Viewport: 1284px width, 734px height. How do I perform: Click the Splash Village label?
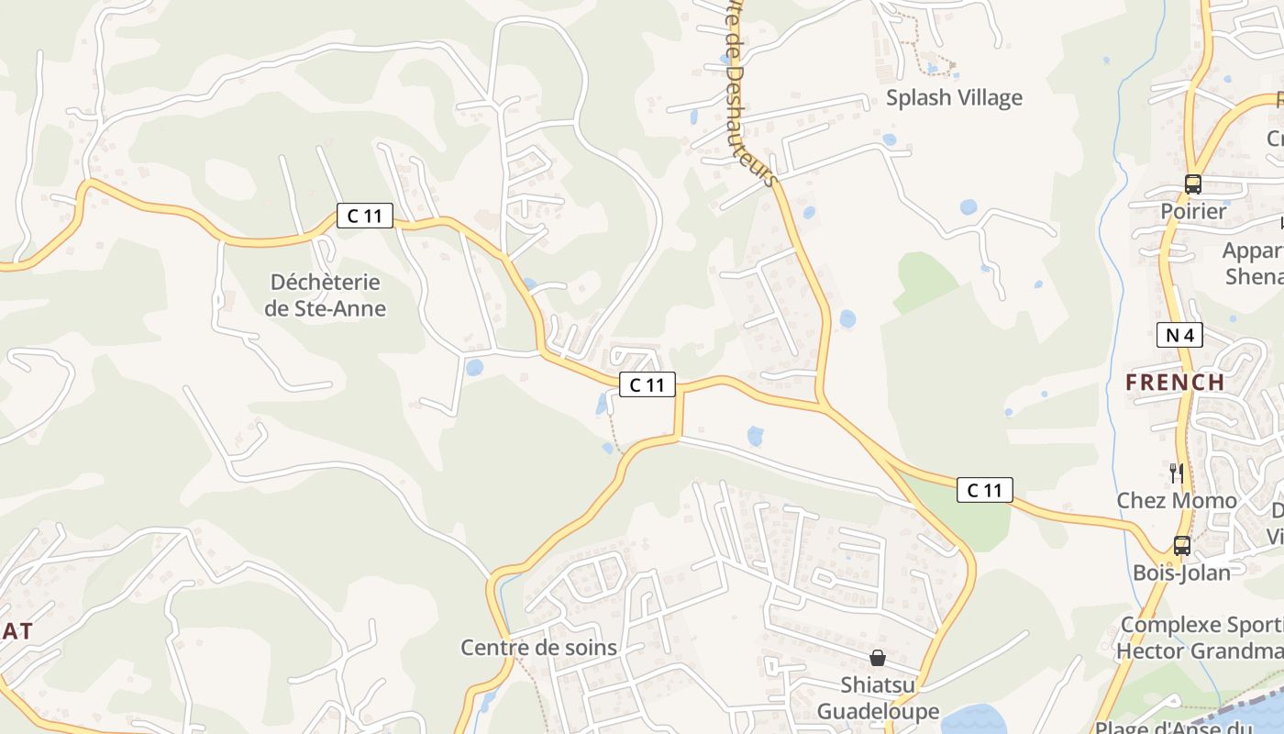[954, 98]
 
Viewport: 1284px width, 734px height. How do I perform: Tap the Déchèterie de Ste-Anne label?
[326, 295]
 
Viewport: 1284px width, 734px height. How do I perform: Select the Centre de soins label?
[538, 648]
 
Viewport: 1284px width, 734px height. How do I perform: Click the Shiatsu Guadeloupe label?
[878, 698]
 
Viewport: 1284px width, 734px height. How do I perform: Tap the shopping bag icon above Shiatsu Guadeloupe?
[878, 658]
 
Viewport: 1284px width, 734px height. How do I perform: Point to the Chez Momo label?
[1176, 501]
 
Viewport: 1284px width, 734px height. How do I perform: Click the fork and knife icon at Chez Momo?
[1176, 473]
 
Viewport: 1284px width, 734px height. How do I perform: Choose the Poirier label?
[1193, 212]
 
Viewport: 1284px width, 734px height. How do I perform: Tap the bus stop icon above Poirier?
[1192, 183]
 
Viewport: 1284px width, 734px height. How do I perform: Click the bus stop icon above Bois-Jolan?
[1181, 546]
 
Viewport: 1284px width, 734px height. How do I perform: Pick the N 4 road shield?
[1179, 335]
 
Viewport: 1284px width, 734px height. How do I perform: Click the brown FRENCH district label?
[1175, 382]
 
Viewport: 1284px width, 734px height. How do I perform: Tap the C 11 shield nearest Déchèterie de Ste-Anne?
[364, 217]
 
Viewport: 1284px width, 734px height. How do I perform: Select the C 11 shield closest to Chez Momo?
[985, 490]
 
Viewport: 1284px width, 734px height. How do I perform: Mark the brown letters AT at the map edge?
[17, 631]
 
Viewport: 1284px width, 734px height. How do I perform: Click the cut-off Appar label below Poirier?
[1253, 250]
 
